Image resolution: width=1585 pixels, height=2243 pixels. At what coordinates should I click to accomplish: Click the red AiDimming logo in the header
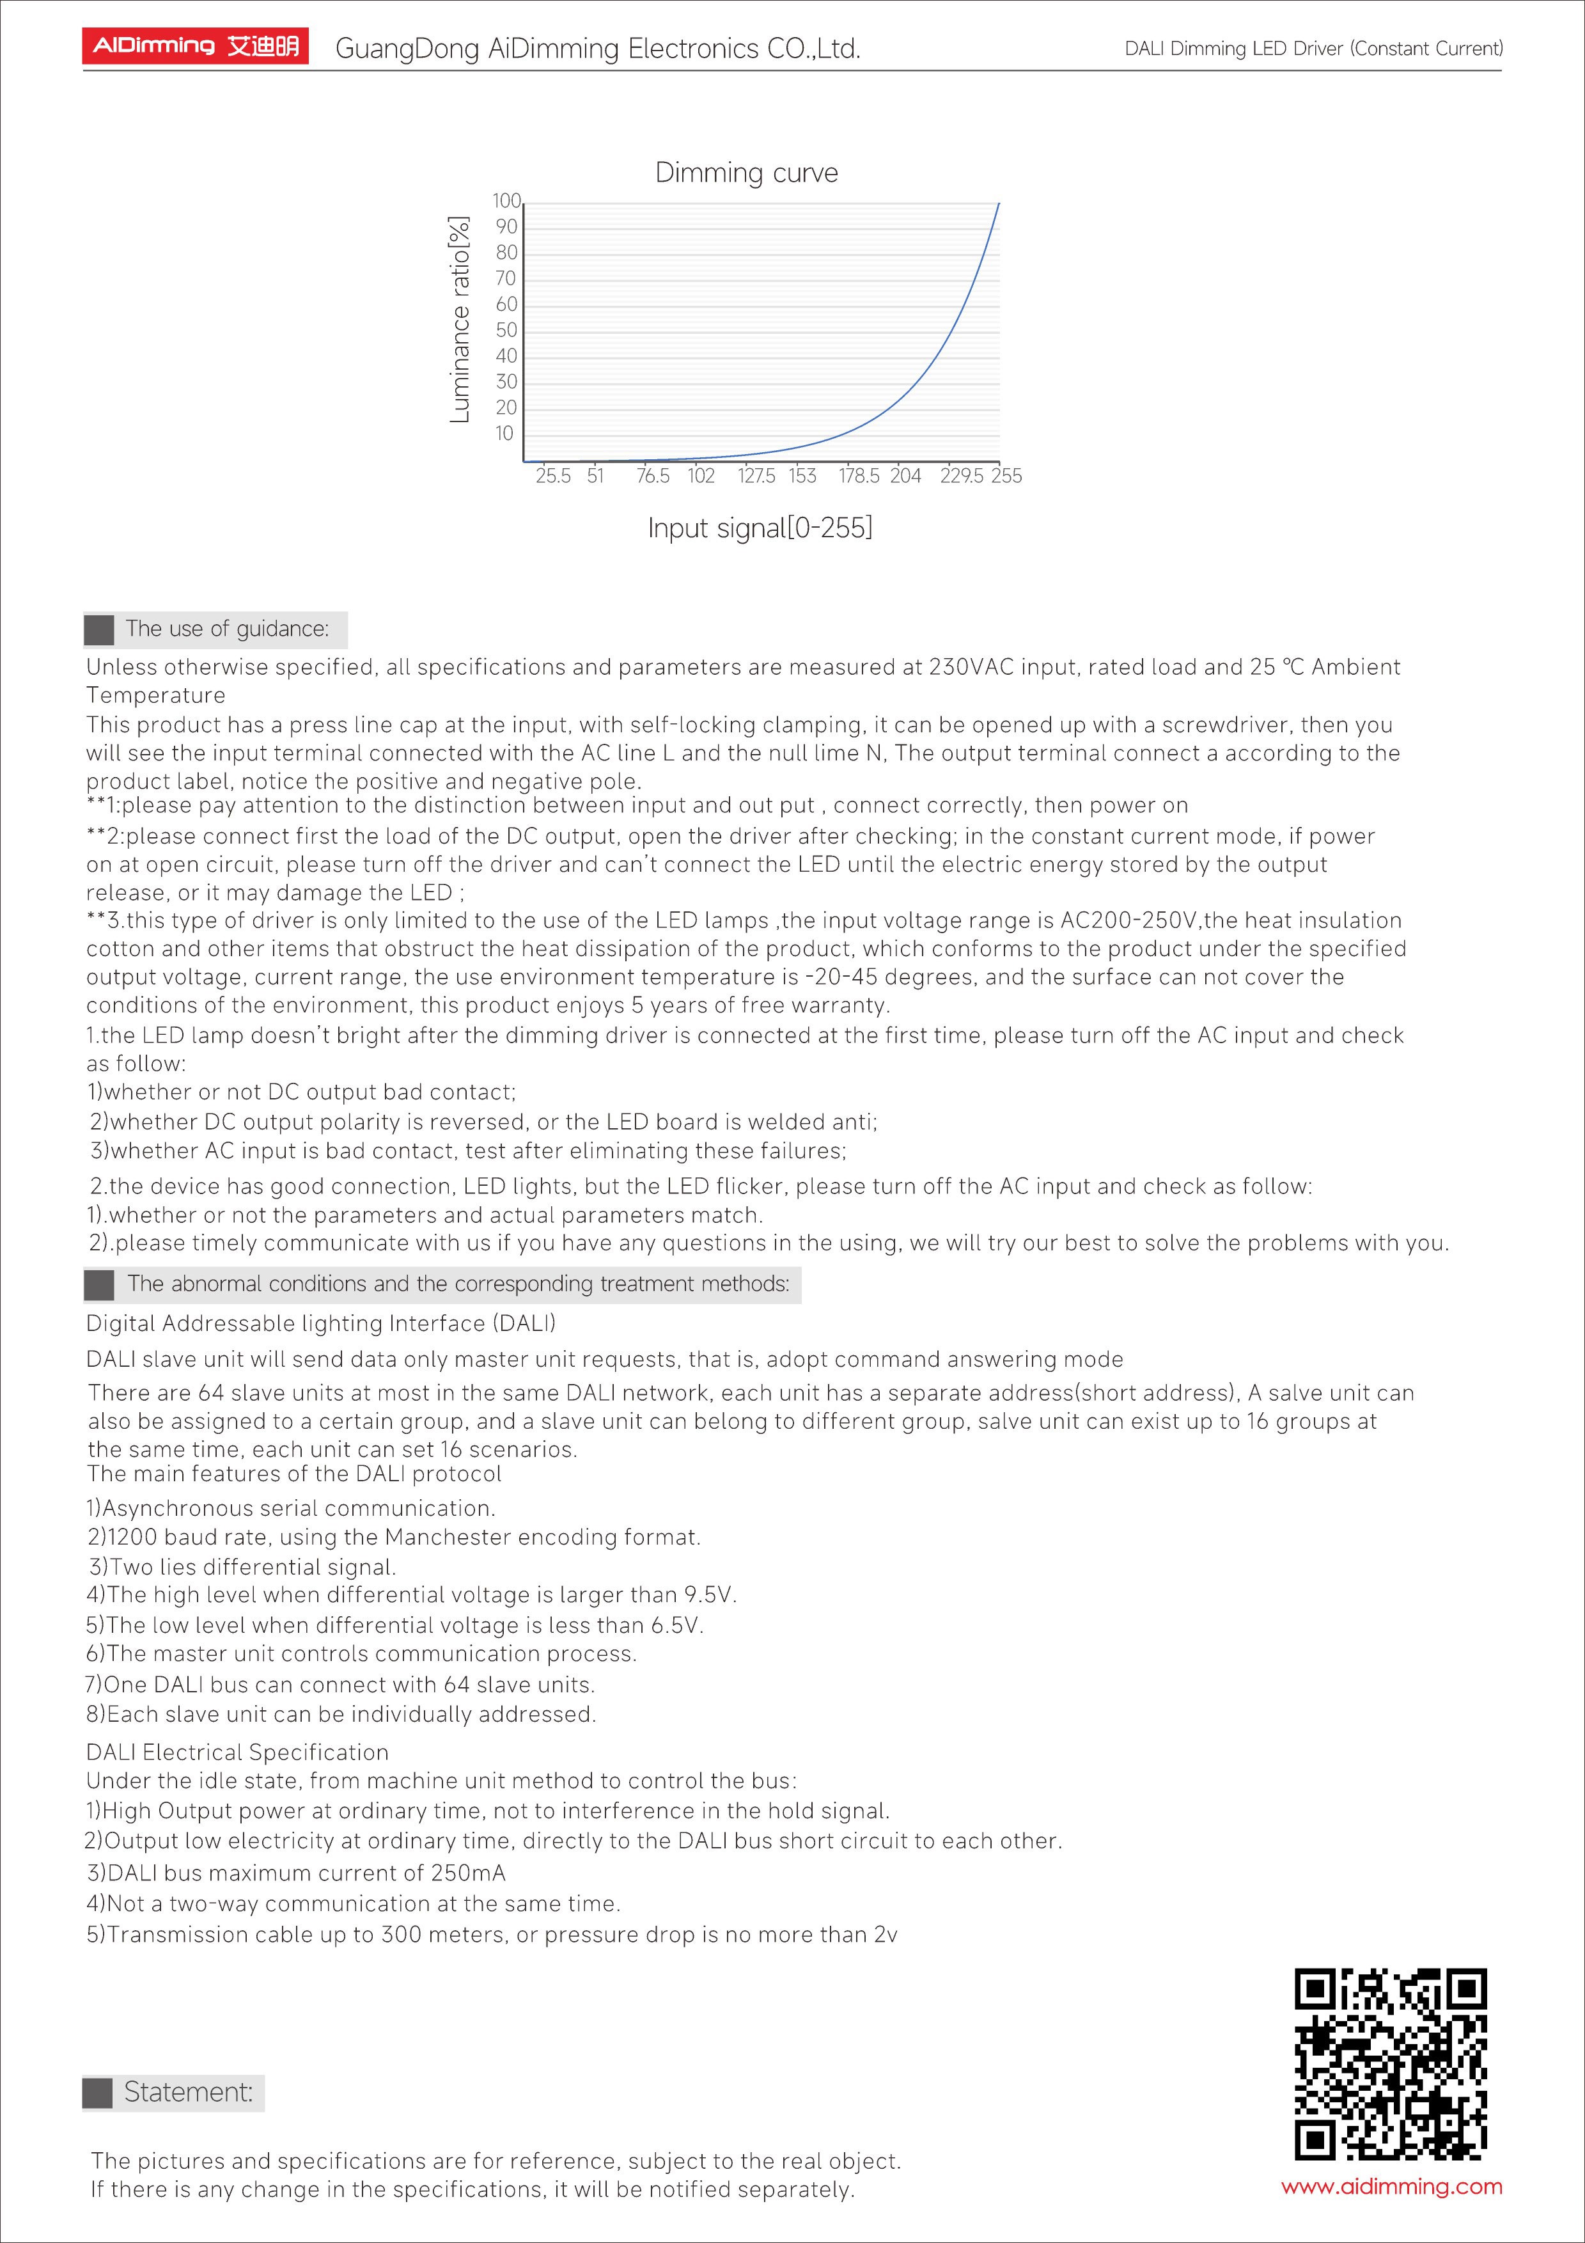coord(195,46)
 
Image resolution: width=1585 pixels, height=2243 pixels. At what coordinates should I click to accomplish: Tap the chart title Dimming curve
coord(746,173)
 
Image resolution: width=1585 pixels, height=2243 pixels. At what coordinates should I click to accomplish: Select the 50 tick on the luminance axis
coord(506,330)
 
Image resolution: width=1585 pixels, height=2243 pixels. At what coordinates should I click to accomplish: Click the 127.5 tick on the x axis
coord(756,476)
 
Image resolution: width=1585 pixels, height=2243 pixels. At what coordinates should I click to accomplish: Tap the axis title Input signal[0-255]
coord(760,528)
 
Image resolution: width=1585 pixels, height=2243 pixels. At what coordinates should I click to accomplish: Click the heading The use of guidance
coord(226,629)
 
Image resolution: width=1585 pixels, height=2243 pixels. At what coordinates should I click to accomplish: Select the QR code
coord(1390,2064)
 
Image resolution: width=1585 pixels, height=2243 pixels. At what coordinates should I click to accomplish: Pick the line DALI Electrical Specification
coord(237,1752)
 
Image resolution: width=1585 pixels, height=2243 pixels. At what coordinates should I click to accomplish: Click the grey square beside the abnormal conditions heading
coord(98,1285)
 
